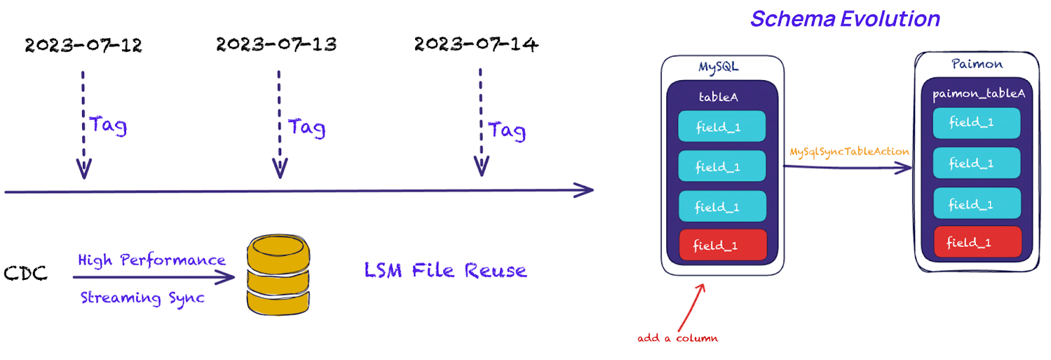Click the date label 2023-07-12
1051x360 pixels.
pos(83,45)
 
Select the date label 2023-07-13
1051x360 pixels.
pos(276,45)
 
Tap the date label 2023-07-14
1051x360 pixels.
pos(476,45)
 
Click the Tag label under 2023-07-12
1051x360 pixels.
pos(108,125)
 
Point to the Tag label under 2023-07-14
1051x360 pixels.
pos(506,131)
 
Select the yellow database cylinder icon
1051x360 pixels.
pos(278,275)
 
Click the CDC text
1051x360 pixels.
pos(26,273)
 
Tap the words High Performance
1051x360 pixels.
pos(152,260)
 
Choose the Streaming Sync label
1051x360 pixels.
pos(143,298)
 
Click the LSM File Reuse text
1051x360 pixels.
pos(445,271)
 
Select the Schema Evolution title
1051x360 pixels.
pos(845,19)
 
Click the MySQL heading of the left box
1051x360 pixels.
pos(718,67)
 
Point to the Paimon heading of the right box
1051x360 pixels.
pos(977,64)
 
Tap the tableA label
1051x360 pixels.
pos(718,97)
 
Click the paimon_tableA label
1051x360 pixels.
pos(978,94)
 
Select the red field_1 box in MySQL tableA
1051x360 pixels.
pos(723,245)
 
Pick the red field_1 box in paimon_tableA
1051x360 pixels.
pos(977,242)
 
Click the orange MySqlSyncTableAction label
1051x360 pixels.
pos(849,152)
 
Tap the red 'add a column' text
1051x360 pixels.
pos(677,338)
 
